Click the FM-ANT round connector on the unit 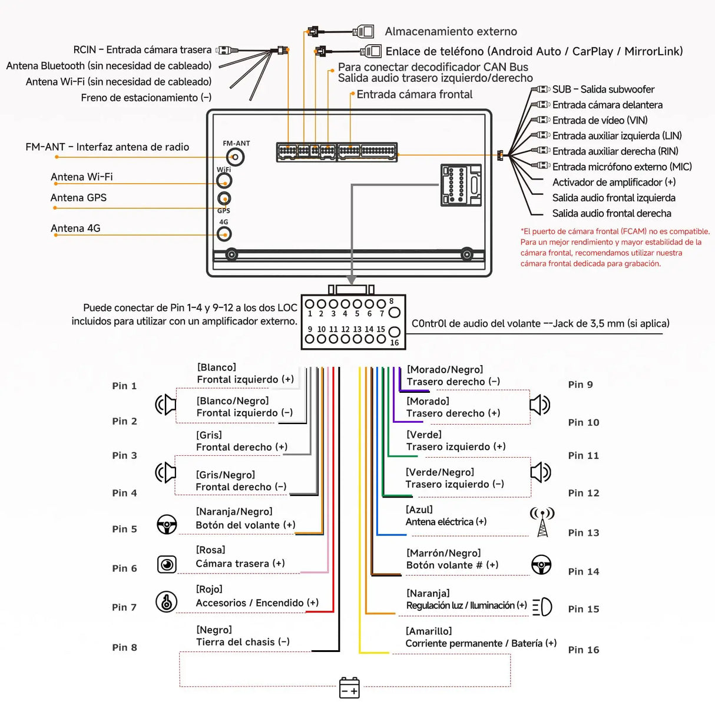click(236, 157)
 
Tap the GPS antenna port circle click(224, 198)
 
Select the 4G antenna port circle click(224, 234)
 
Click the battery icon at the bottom click(349, 687)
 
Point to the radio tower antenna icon click(542, 522)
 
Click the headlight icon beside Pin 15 click(542, 607)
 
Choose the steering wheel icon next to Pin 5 click(167, 524)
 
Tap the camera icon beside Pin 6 click(167, 564)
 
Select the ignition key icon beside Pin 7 click(167, 602)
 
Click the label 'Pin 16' click(583, 650)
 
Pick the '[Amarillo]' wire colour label click(429, 631)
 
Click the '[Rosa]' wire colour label click(210, 550)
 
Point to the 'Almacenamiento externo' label click(451, 32)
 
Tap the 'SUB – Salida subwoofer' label click(603, 90)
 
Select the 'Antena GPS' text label click(78, 198)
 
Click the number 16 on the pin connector click(394, 343)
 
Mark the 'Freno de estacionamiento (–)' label click(146, 98)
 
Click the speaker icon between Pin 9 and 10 click(539, 405)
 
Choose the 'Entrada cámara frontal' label click(414, 94)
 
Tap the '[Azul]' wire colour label click(419, 509)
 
